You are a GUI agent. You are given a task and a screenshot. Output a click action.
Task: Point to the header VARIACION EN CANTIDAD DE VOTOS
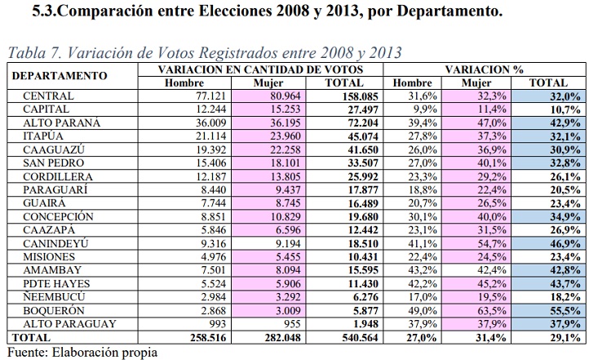262,70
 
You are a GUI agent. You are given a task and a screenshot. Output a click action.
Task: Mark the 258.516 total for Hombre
193,337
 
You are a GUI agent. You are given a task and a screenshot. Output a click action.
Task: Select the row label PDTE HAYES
57,284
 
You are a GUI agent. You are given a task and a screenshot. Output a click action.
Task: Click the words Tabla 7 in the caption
33,53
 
